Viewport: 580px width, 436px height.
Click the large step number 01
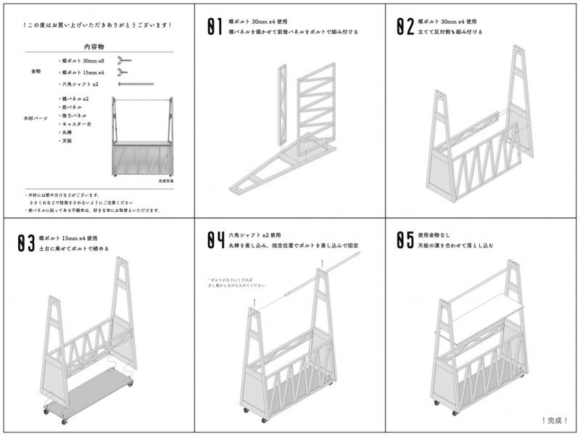click(x=215, y=27)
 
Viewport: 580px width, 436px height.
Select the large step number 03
click(x=26, y=243)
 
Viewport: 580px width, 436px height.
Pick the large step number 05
click(x=405, y=241)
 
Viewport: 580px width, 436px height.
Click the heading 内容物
click(x=97, y=46)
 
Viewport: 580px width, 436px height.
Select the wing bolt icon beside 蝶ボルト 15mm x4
click(x=125, y=73)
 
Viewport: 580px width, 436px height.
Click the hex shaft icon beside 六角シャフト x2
click(x=136, y=84)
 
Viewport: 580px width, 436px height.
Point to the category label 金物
click(x=37, y=73)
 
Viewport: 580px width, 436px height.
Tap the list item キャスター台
click(x=75, y=124)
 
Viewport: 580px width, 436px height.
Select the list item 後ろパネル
click(x=74, y=115)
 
